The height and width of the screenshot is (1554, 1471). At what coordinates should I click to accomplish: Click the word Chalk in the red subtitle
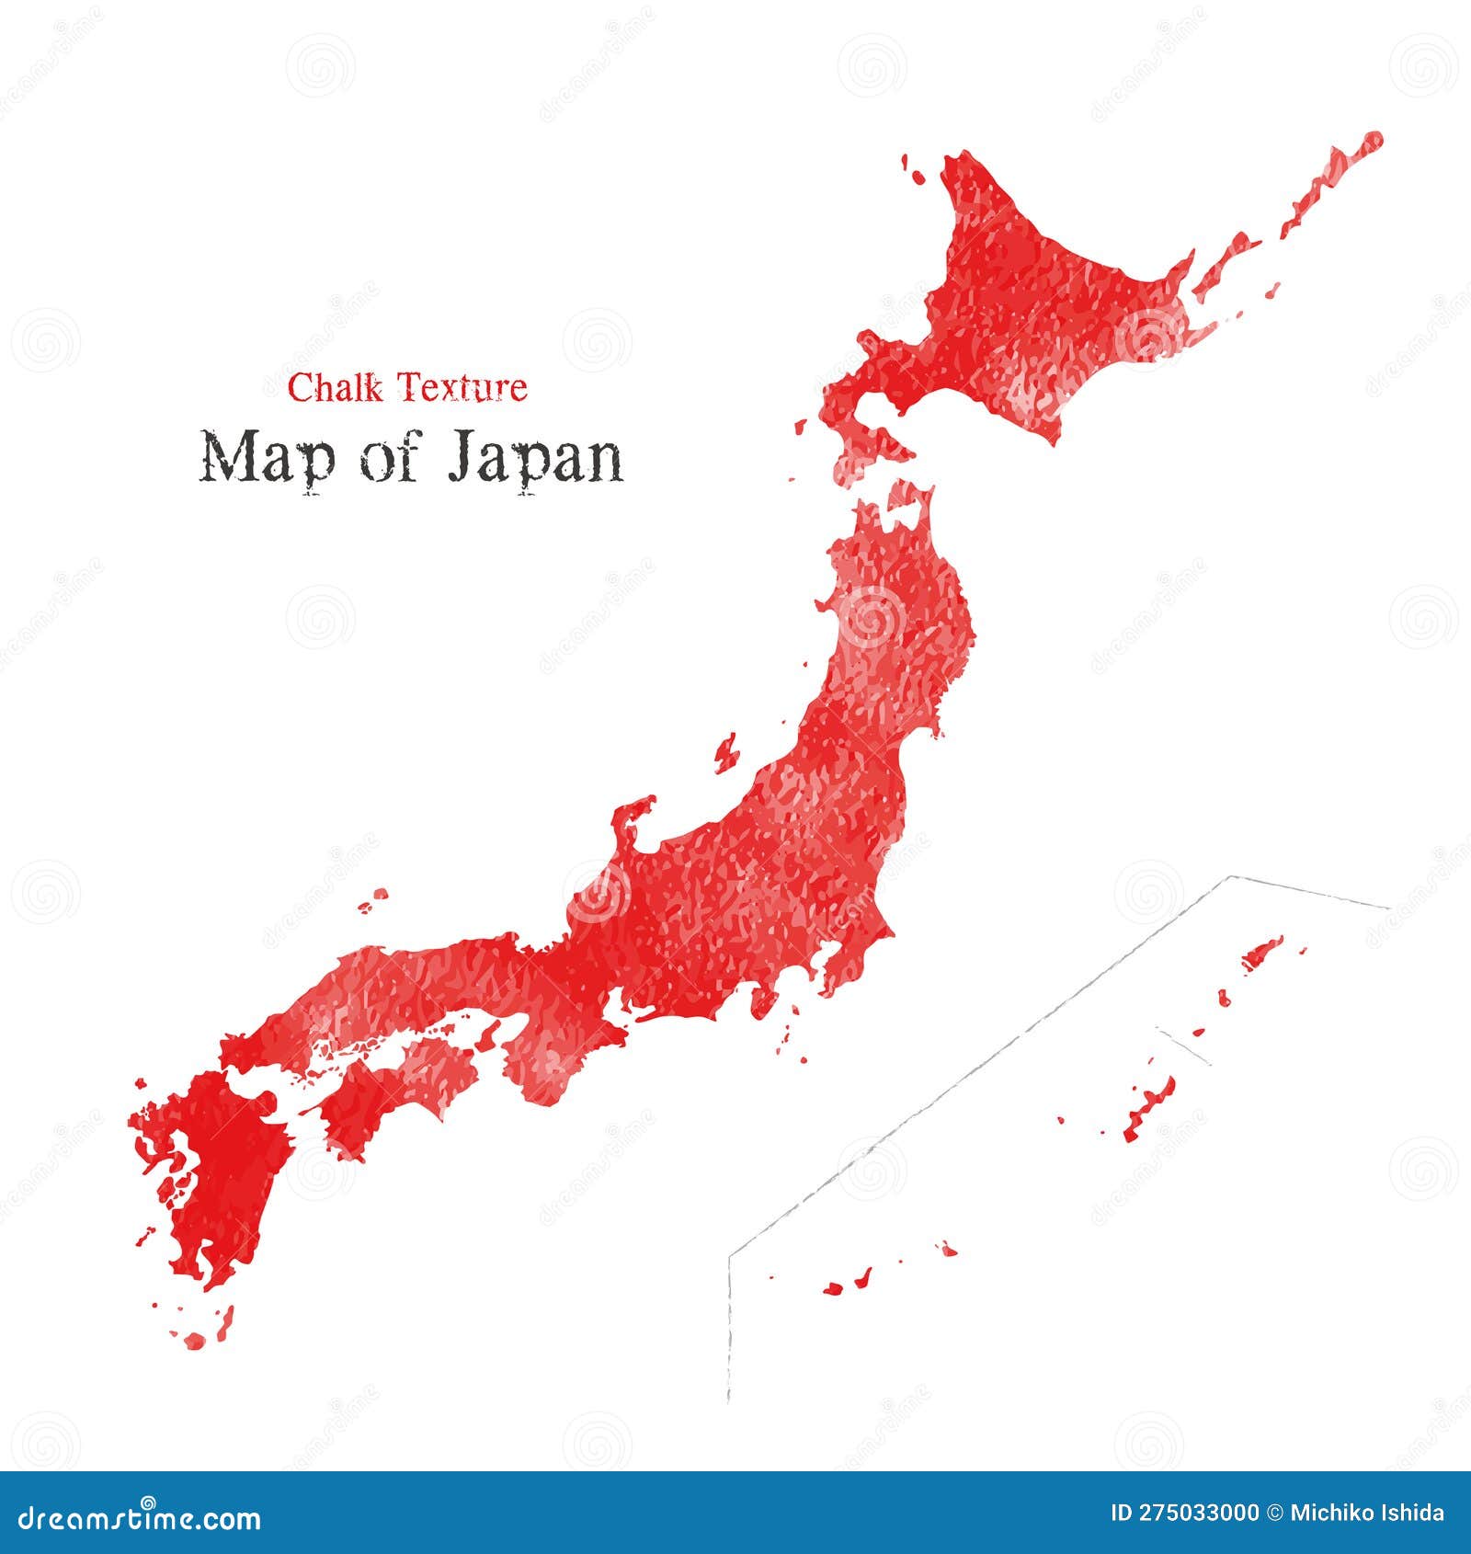(x=335, y=388)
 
